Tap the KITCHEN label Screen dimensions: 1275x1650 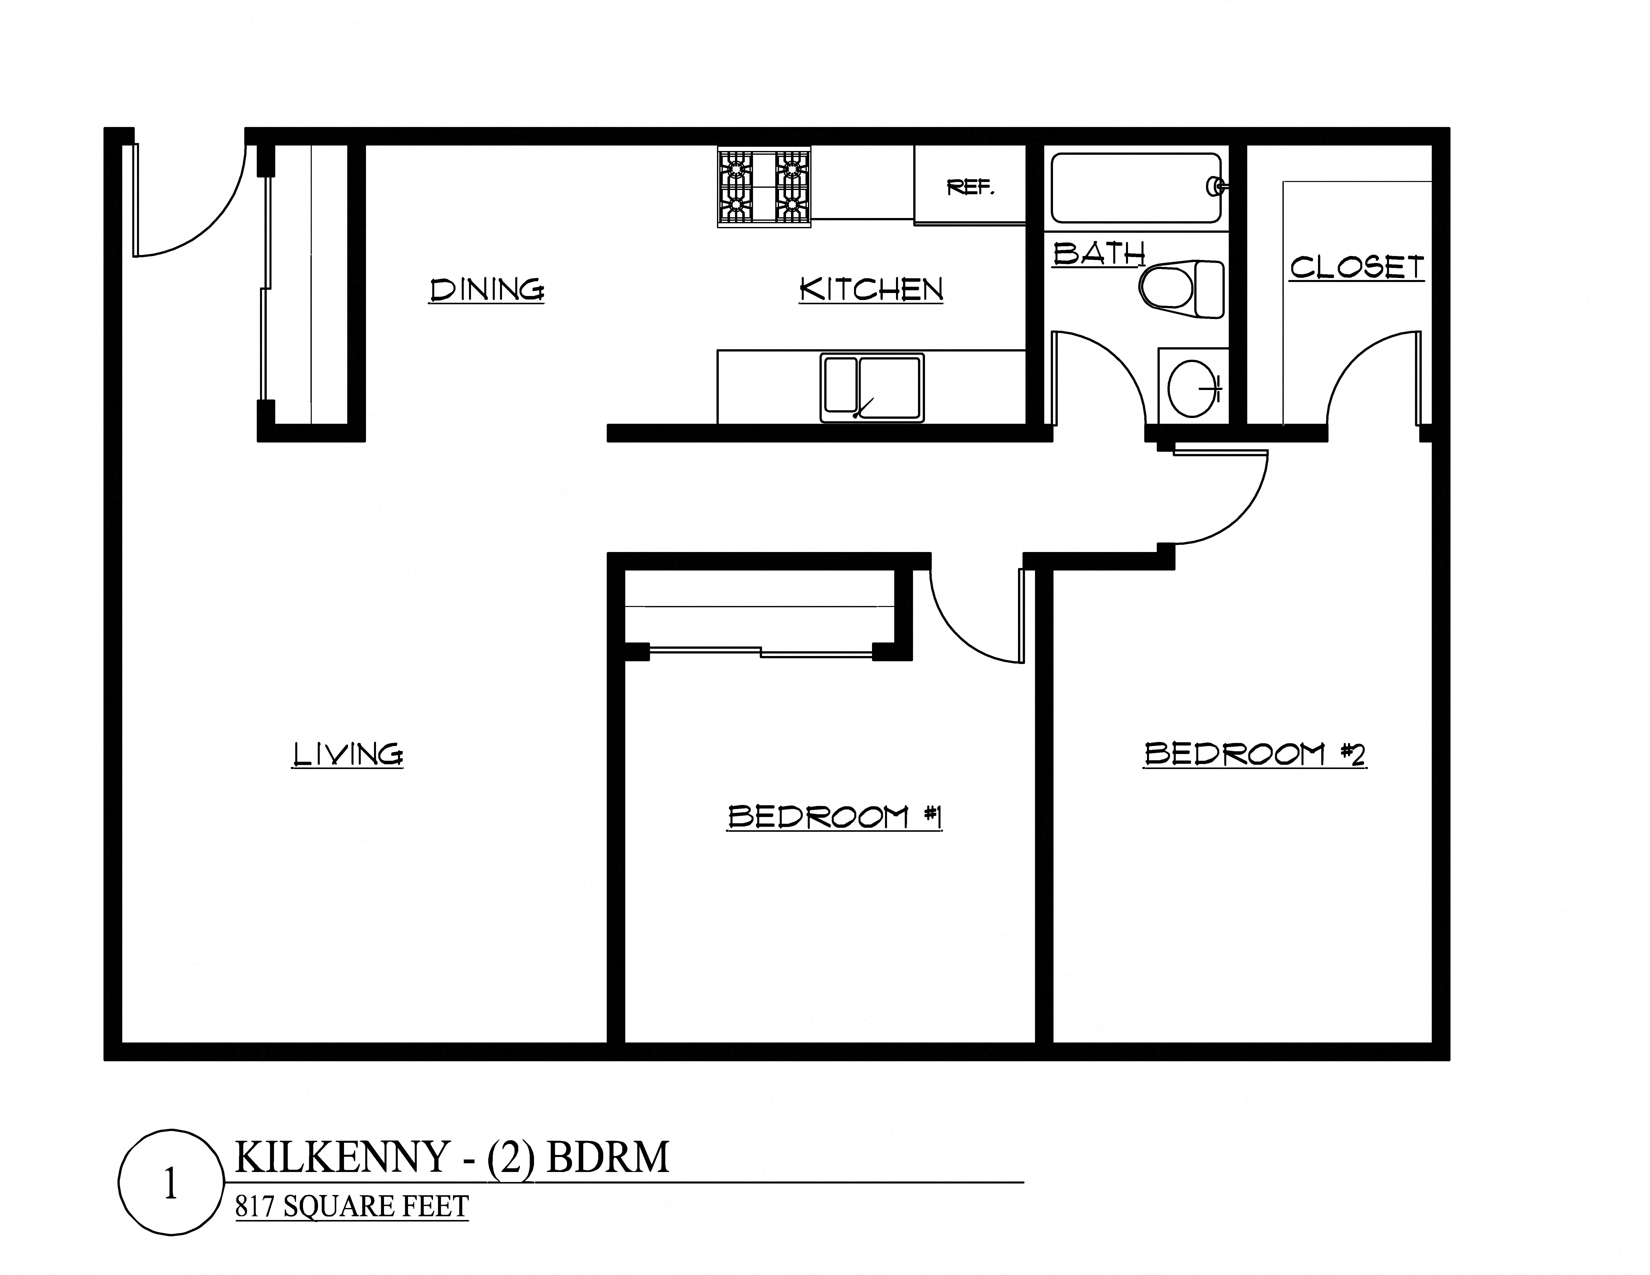click(871, 289)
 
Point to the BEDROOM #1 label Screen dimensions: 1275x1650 click(834, 816)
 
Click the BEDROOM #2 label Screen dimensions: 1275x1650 click(1254, 754)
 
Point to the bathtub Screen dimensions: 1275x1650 click(1135, 188)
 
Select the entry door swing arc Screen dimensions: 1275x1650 click(204, 219)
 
